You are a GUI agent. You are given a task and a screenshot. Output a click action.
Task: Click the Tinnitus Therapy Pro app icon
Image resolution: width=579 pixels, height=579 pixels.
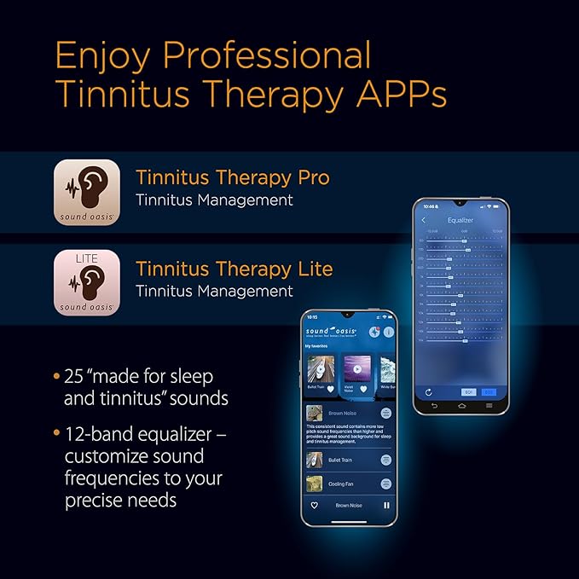pos(86,191)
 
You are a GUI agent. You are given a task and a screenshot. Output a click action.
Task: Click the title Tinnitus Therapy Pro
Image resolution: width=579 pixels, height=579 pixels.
pos(232,178)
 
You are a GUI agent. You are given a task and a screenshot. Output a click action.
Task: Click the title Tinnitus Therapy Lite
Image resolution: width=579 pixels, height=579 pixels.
pos(234,269)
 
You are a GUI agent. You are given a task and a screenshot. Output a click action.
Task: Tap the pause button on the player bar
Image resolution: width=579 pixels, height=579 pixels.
pos(386,506)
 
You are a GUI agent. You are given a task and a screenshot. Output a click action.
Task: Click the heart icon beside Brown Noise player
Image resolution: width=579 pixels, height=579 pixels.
pos(315,506)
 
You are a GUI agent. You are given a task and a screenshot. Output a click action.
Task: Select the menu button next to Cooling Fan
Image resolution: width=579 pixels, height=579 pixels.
pos(385,483)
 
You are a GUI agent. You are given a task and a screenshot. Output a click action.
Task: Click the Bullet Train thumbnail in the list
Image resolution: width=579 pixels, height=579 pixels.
pos(315,460)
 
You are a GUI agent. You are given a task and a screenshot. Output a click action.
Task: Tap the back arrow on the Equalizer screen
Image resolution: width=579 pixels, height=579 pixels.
pos(424,220)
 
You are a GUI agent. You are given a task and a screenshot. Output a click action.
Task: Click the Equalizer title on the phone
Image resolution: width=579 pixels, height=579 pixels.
pos(460,220)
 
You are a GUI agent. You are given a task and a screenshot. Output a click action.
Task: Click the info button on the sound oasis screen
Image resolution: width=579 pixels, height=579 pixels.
pos(388,332)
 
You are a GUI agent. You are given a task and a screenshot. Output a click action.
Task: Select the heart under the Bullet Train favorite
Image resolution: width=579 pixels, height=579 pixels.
pos(331,389)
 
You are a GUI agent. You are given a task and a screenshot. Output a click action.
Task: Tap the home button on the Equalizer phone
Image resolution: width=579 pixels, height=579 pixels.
pos(460,406)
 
